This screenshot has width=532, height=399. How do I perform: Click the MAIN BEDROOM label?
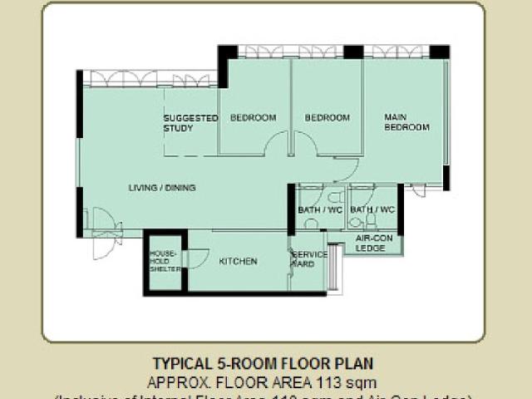[x=406, y=122]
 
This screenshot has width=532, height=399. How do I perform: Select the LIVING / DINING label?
[x=162, y=188]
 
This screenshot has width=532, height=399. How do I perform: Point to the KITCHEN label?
[x=238, y=261]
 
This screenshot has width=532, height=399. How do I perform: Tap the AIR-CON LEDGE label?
[x=372, y=242]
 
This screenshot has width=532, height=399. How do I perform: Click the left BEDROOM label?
[x=253, y=118]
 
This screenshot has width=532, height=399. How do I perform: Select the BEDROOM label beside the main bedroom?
[x=327, y=118]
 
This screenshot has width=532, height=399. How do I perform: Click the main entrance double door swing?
[x=104, y=231]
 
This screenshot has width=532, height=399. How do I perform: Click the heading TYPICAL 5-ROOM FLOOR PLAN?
[x=263, y=364]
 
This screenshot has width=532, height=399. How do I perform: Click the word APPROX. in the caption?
[x=176, y=382]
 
